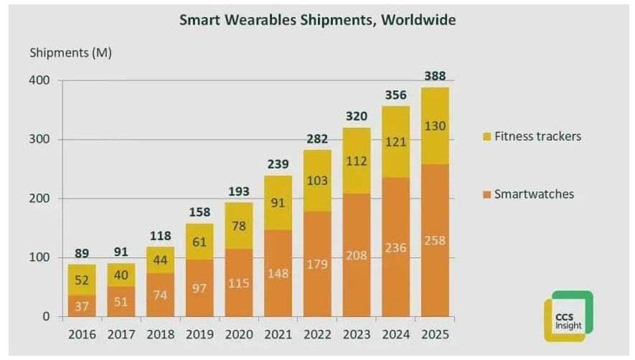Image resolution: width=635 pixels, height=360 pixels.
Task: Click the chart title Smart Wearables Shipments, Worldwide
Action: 317,19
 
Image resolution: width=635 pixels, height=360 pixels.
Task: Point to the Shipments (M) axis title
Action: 70,53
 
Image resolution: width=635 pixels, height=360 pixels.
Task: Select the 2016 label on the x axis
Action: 82,334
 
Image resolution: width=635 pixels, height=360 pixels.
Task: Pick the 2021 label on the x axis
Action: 278,334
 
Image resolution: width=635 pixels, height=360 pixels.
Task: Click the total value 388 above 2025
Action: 435,76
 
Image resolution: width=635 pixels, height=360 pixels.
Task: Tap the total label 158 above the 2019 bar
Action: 199,212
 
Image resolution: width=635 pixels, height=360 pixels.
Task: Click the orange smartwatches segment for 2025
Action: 435,240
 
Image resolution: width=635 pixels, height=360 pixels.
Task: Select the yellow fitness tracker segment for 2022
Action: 317,181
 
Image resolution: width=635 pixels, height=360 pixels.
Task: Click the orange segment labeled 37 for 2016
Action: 82,305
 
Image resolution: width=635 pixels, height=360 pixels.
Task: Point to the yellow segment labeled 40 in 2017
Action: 121,275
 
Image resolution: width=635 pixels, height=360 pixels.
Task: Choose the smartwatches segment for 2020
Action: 239,283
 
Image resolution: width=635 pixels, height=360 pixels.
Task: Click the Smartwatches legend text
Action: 534,194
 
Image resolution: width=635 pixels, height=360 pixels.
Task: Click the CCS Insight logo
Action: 568,316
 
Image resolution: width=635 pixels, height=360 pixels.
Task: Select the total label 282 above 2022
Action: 317,138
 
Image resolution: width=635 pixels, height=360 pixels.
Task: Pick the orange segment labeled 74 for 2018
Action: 161,294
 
